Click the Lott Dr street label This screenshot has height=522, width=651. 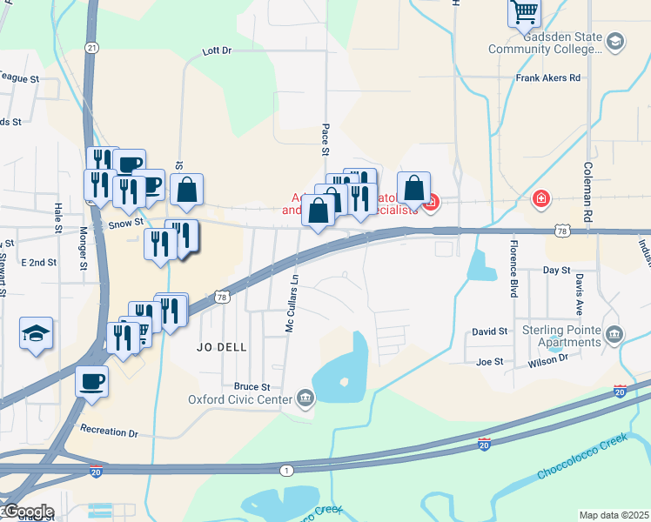coord(218,51)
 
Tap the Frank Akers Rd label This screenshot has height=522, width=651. coord(547,78)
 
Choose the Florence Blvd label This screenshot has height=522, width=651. coord(514,269)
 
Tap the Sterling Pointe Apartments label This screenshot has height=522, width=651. coord(562,336)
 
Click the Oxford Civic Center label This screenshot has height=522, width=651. coord(240,400)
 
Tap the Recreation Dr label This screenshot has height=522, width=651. coord(109,431)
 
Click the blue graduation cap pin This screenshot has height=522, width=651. coord(37,333)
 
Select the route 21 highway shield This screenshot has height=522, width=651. coord(91,47)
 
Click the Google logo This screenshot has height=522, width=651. coord(28,511)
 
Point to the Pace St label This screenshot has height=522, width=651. coord(325,139)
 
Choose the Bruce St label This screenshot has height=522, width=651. coord(252,386)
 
